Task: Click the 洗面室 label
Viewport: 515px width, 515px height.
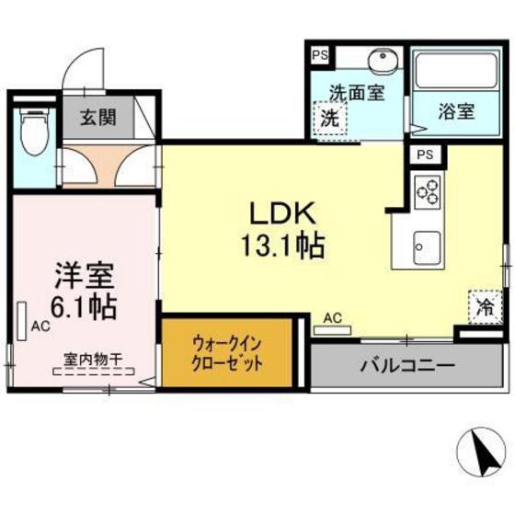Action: (356, 92)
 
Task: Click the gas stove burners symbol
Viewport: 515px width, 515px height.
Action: (428, 191)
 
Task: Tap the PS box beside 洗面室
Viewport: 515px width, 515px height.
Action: (319, 55)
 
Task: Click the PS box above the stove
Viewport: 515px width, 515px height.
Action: (426, 155)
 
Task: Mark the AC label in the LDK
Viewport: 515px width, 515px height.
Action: (333, 318)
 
